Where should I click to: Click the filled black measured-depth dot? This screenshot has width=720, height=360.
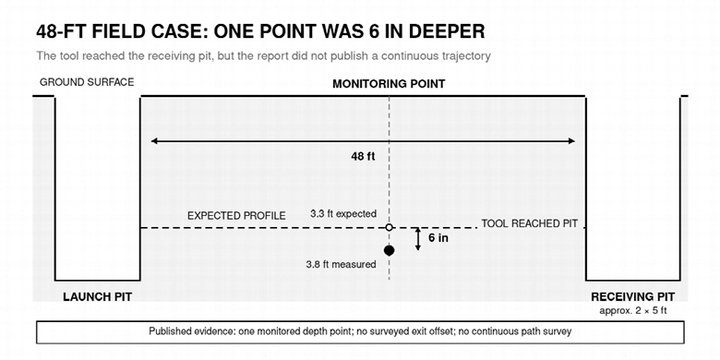389,250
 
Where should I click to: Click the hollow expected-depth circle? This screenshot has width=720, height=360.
389,227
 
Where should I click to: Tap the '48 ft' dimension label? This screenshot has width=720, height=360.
363,157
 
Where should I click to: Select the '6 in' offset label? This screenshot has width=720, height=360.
438,238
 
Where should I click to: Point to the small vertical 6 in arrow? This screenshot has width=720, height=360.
418,239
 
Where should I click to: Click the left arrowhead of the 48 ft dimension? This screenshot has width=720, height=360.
154,141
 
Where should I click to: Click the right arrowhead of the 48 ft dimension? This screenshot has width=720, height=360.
571,141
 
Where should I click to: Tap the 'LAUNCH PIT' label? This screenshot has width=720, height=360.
97,297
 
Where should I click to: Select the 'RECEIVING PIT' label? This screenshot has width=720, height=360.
632,297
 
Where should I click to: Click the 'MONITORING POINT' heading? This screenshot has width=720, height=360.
389,84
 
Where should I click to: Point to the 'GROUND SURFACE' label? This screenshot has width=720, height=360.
87,82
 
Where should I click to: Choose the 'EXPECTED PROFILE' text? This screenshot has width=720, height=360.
236,216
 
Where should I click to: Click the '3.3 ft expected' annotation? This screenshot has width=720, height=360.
343,213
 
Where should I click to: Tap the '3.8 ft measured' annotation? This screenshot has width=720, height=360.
341,265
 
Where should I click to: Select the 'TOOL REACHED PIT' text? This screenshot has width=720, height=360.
529,224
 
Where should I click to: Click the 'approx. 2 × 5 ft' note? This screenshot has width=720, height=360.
632,311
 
